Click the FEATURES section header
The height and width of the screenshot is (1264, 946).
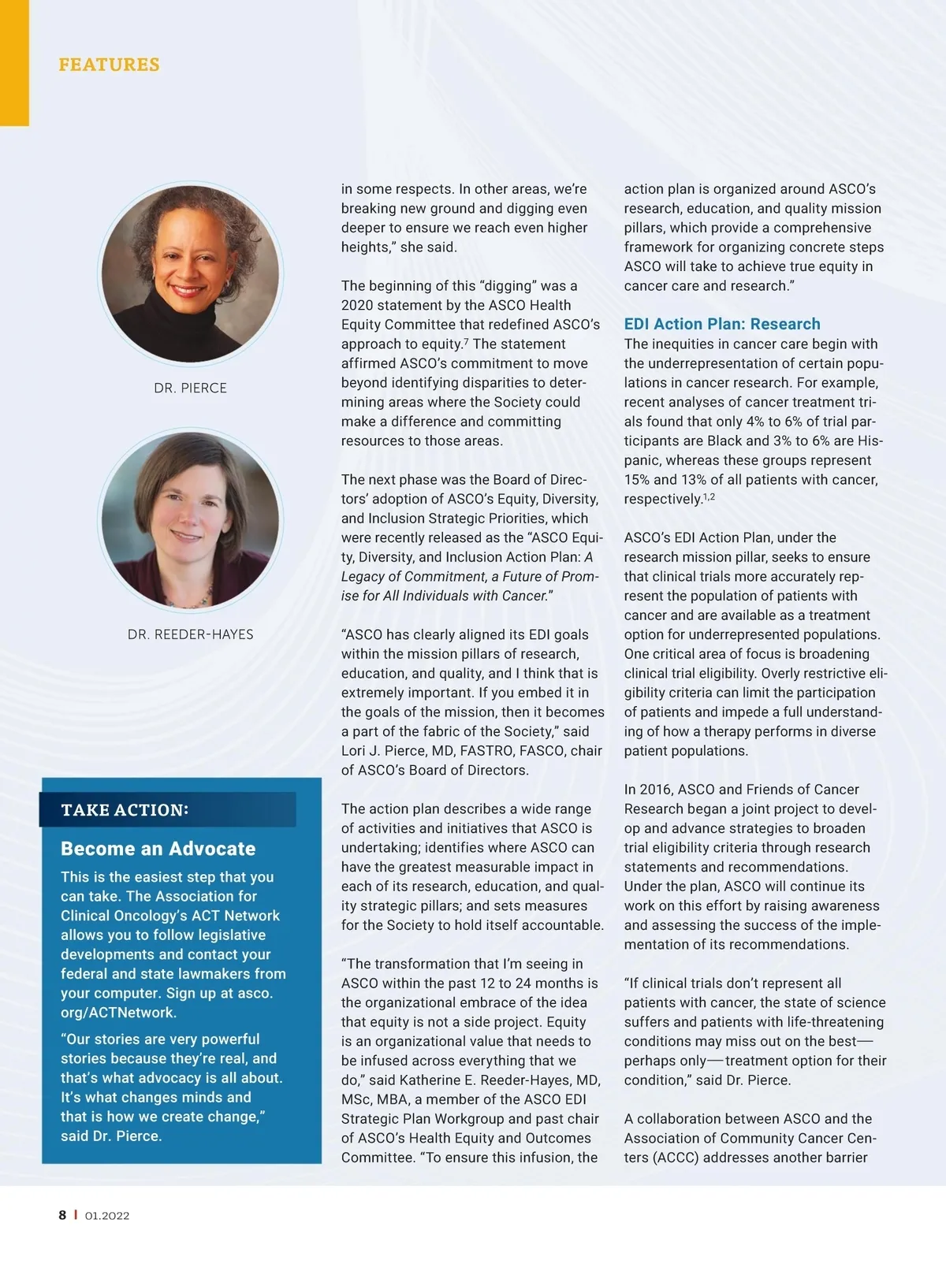[x=109, y=65]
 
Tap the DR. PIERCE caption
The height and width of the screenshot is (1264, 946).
[x=190, y=388]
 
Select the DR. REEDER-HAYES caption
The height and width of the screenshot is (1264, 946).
[x=190, y=634]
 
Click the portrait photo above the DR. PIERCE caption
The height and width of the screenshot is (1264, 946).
[x=190, y=273]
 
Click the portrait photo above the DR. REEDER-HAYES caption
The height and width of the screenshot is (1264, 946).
[x=190, y=520]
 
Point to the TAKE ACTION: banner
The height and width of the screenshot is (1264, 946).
[x=167, y=809]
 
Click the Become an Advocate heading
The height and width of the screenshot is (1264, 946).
[x=158, y=849]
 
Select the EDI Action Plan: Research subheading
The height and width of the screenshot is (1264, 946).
[x=722, y=324]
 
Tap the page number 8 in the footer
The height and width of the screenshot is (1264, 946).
[x=62, y=1215]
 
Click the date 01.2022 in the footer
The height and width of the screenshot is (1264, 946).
[x=107, y=1216]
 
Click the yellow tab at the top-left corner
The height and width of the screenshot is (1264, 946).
[x=14, y=63]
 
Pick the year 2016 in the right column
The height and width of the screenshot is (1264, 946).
[x=656, y=790]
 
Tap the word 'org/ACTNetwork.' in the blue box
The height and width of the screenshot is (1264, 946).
[x=118, y=1013]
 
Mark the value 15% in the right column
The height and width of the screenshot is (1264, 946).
[x=637, y=480]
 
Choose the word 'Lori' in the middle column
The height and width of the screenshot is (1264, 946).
[x=356, y=751]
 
